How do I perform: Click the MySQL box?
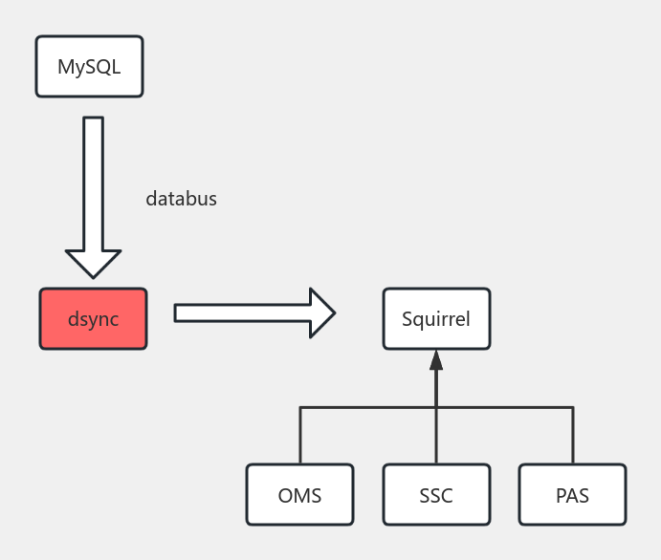(x=89, y=67)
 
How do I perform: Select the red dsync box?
(x=93, y=318)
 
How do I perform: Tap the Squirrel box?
(x=436, y=318)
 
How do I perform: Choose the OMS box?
(x=299, y=495)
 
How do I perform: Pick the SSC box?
(x=436, y=495)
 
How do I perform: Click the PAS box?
(x=572, y=495)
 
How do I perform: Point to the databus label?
(x=181, y=199)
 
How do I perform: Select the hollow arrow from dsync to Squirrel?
(x=249, y=312)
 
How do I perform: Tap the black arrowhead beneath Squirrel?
(x=436, y=360)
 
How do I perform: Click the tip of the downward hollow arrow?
(x=93, y=274)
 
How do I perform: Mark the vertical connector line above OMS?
(x=300, y=436)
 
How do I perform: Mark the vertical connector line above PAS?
(x=573, y=436)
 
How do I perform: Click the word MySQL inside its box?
(x=89, y=67)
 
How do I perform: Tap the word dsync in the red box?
(x=93, y=319)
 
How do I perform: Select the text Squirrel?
(x=436, y=319)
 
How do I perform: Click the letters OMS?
(x=299, y=496)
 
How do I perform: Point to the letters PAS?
(x=572, y=496)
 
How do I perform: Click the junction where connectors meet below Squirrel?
(x=436, y=408)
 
